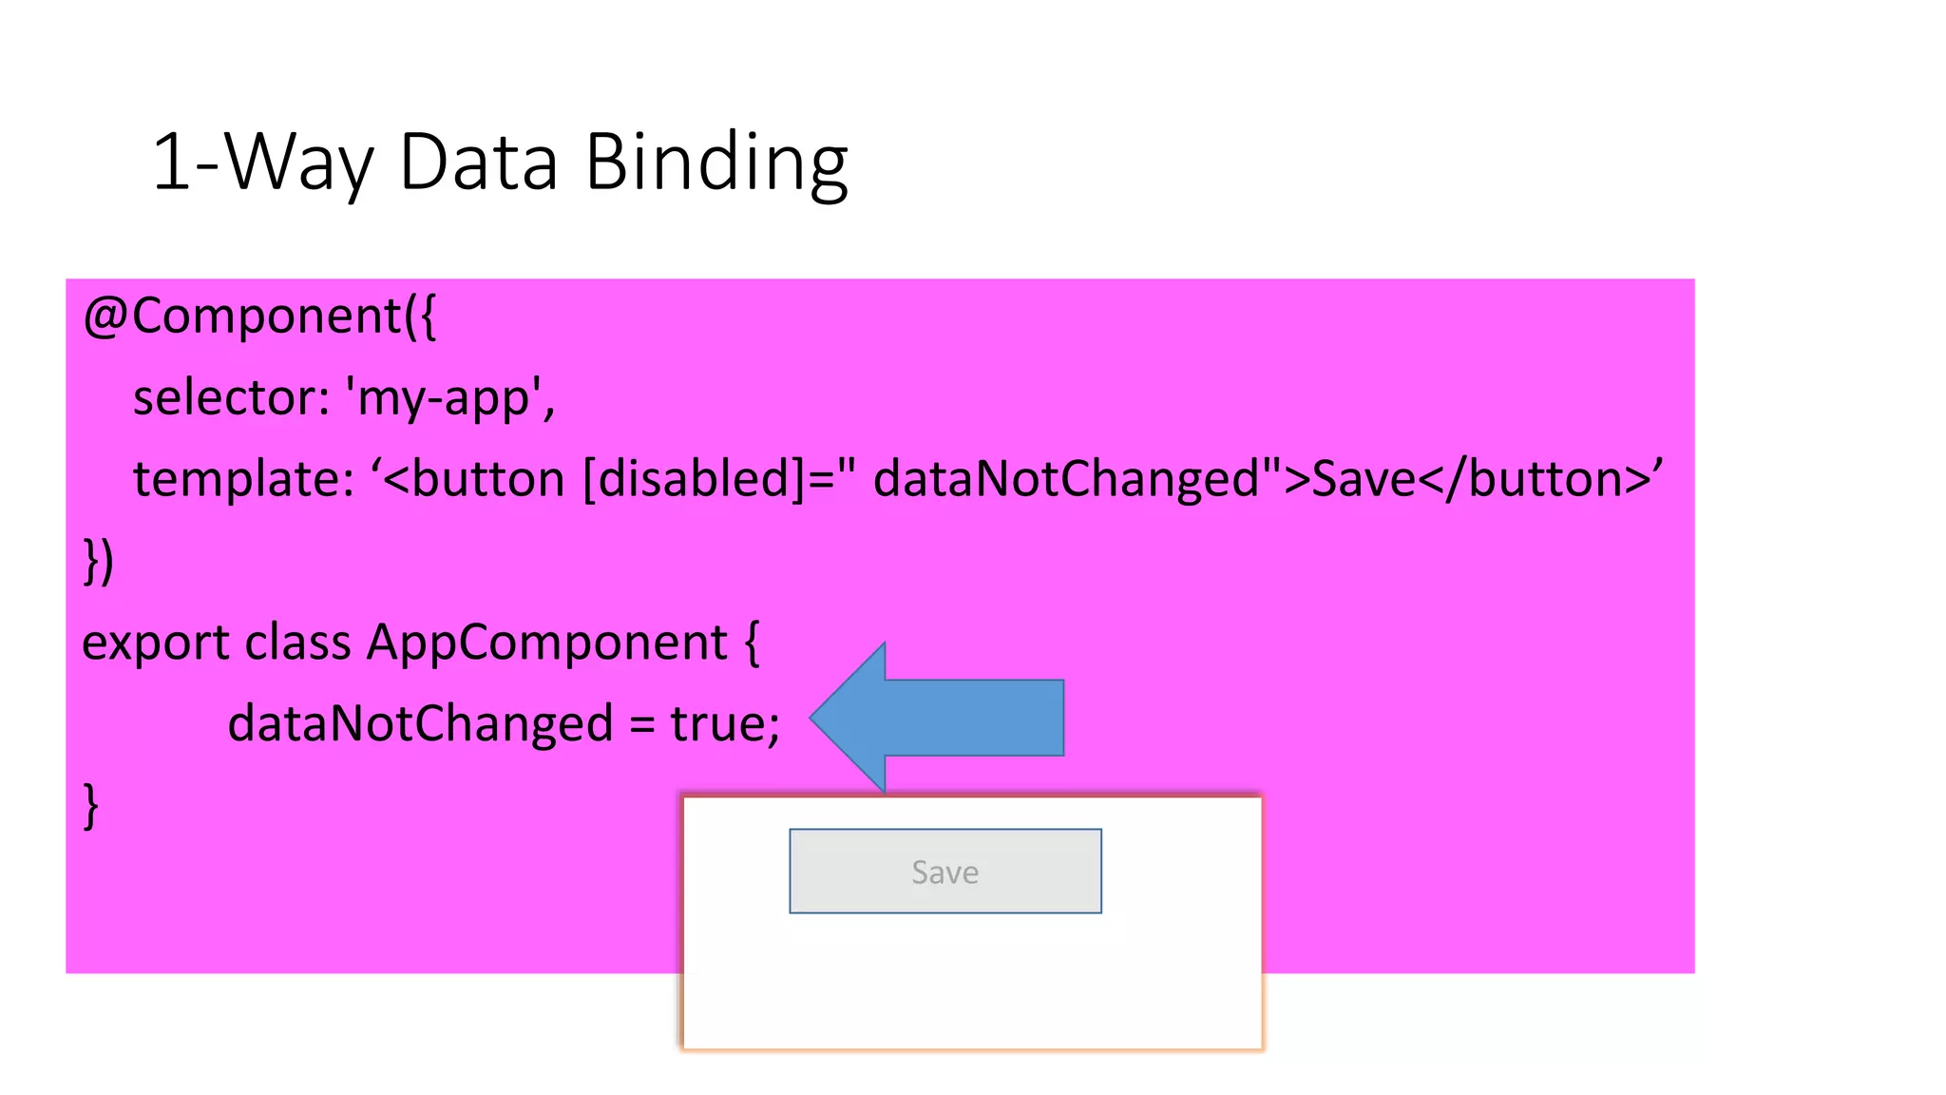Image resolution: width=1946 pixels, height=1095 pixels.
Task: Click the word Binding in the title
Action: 715,163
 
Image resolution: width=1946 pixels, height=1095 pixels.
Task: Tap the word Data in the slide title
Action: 478,163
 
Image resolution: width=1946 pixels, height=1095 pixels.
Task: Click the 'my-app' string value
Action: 450,397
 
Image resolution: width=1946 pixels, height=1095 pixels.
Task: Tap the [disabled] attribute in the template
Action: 687,478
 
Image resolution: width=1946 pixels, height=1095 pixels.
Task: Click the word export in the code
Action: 156,643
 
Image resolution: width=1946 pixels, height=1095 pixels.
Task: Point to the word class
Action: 297,643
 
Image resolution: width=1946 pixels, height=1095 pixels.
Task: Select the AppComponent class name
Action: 547,643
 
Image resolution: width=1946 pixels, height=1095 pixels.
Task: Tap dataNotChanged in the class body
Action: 420,723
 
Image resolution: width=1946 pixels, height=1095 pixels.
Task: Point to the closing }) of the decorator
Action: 99,561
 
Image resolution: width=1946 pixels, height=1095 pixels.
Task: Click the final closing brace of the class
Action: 91,806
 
